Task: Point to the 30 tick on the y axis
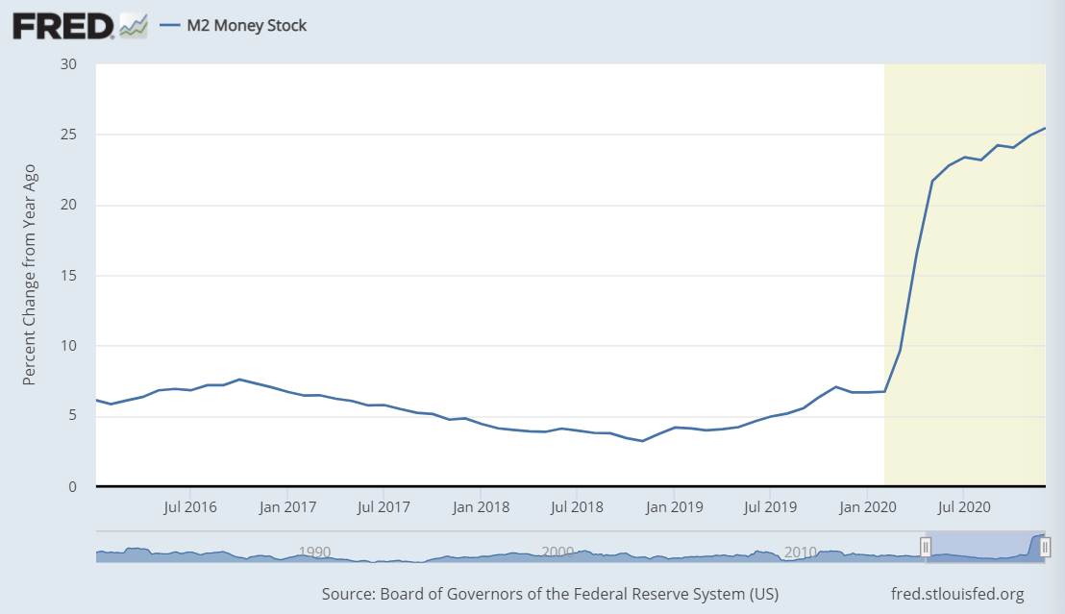pyautogui.click(x=69, y=64)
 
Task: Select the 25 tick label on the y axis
pyautogui.click(x=69, y=135)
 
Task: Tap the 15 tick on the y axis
pyautogui.click(x=69, y=276)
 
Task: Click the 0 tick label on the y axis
pyautogui.click(x=73, y=487)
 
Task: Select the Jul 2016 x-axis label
pyautogui.click(x=188, y=506)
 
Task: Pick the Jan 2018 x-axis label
pyautogui.click(x=480, y=506)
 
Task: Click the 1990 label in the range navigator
pyautogui.click(x=315, y=552)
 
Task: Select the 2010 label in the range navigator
pyautogui.click(x=800, y=552)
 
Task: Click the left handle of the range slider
pyautogui.click(x=926, y=548)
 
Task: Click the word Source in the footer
pyautogui.click(x=348, y=593)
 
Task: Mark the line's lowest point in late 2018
pyautogui.click(x=642, y=441)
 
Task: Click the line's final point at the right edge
pyautogui.click(x=1045, y=128)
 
